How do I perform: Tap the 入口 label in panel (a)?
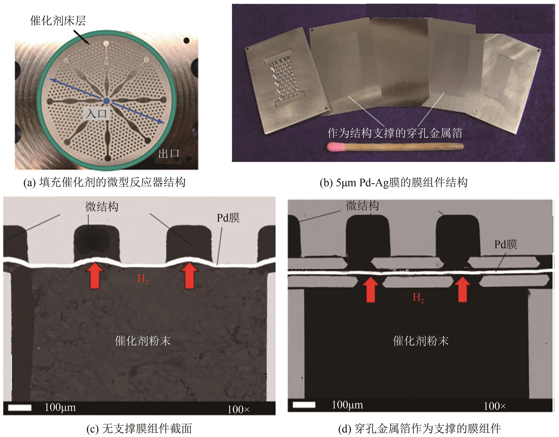[x=96, y=113]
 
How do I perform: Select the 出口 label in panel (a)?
[x=169, y=154]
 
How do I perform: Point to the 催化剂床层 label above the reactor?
[x=58, y=20]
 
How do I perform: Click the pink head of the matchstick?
[x=336, y=147]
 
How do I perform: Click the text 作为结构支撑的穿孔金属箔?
[x=395, y=133]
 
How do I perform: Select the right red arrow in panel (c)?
[x=189, y=275]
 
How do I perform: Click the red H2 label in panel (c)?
[x=143, y=279]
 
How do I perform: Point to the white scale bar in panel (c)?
[x=20, y=407]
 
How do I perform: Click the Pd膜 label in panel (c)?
[x=228, y=218]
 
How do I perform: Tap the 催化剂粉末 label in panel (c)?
[x=143, y=341]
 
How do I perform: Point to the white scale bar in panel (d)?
[x=304, y=405]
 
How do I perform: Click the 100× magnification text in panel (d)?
[x=495, y=406]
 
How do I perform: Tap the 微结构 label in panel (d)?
[x=362, y=206]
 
